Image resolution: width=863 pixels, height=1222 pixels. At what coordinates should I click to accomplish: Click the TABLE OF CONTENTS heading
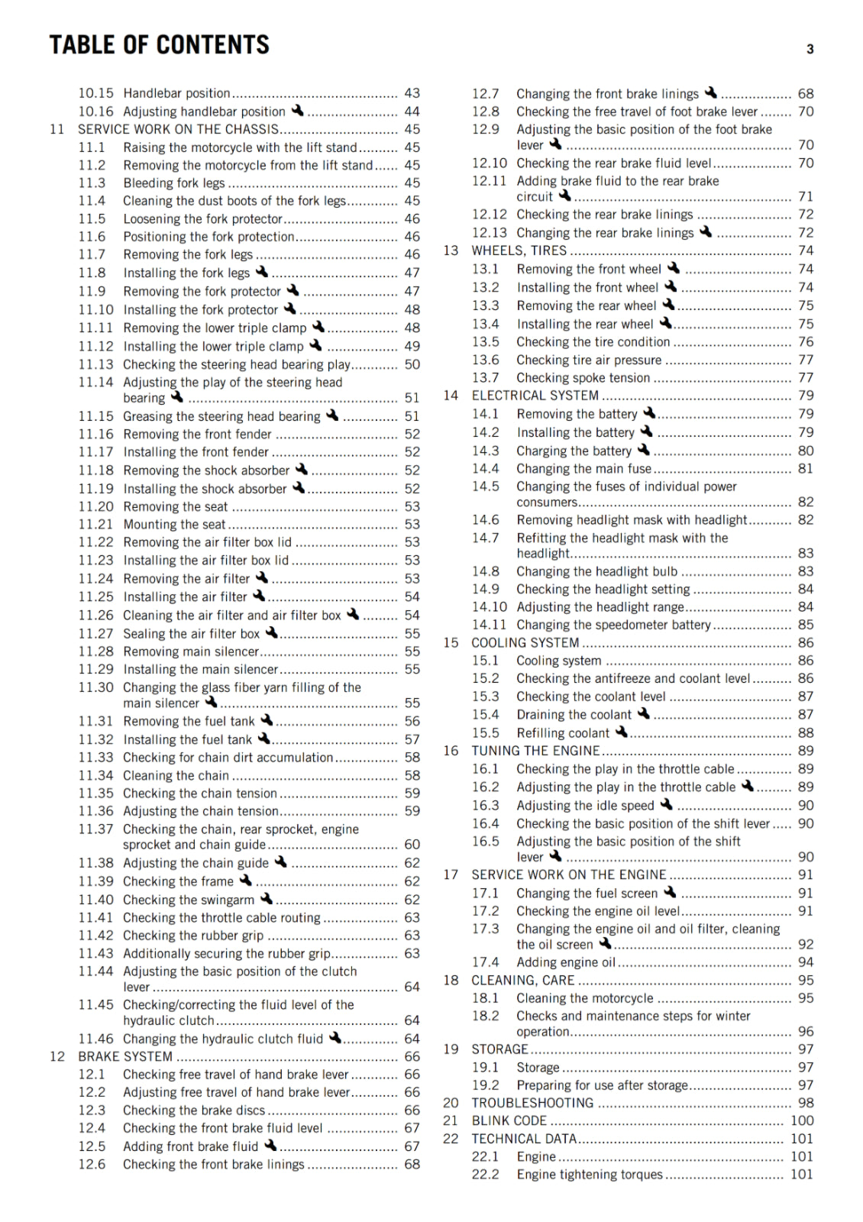[159, 45]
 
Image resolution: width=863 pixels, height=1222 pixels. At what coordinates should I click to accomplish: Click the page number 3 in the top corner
[810, 50]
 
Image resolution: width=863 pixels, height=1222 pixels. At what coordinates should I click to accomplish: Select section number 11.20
[95, 506]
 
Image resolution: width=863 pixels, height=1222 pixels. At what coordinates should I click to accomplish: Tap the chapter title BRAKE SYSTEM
[125, 1056]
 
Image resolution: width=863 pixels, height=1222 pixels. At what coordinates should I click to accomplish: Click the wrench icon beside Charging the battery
[644, 450]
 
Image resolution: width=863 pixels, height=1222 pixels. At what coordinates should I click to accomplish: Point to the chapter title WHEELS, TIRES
[519, 251]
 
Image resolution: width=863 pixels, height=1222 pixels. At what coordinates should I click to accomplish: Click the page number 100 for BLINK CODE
[802, 1120]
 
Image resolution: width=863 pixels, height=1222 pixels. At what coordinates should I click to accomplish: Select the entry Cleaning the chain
[176, 775]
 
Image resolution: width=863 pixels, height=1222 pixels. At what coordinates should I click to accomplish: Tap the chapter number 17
[451, 874]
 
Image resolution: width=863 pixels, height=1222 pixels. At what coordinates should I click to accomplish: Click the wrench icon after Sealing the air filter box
[272, 632]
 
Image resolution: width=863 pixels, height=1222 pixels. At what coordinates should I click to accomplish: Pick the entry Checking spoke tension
[583, 378]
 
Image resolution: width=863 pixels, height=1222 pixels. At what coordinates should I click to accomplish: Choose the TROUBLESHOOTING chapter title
[532, 1103]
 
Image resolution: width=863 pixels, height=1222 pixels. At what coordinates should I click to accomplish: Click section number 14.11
[489, 625]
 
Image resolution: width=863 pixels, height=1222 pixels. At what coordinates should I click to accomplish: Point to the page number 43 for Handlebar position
[412, 93]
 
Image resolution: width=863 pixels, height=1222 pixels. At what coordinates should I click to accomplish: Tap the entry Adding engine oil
[565, 962]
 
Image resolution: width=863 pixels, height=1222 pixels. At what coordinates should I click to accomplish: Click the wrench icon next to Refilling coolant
[621, 732]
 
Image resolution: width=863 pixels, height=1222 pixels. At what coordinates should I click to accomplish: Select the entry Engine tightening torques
[590, 1175]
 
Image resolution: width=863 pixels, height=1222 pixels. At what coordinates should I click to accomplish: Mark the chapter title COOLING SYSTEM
[525, 643]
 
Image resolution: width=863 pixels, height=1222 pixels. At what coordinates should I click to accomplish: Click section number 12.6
[92, 1164]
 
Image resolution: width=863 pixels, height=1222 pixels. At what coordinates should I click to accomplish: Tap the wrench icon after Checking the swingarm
[266, 899]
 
